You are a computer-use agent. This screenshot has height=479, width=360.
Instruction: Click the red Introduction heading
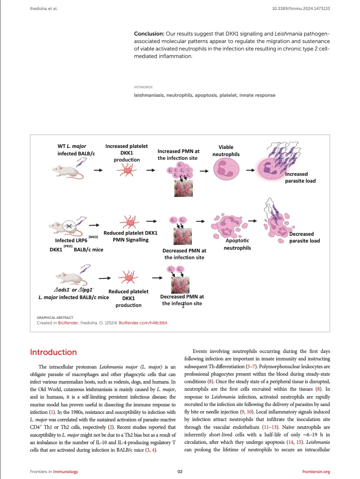coord(53,352)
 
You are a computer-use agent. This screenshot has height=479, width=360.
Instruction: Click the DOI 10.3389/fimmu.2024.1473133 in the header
coord(301,9)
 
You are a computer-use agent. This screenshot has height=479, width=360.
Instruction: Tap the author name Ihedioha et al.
coord(44,9)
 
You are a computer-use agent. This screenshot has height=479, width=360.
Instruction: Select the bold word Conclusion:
coord(149,34)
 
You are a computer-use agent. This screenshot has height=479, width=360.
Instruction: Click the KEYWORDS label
coord(143,87)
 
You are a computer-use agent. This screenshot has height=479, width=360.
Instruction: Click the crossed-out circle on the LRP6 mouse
coord(69,225)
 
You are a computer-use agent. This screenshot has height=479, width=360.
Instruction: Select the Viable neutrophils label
coord(226,151)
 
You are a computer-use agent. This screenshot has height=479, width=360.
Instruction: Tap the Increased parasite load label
coord(300,178)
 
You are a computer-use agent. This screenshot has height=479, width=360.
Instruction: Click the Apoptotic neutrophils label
coord(237,244)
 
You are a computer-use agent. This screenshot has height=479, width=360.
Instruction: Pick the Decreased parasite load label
coord(304,238)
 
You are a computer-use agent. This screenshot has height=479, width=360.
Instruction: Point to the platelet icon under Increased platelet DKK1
coord(127,171)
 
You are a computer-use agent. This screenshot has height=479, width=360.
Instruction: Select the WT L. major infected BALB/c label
coord(76,150)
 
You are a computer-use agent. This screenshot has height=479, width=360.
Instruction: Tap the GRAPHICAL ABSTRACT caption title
coord(55,318)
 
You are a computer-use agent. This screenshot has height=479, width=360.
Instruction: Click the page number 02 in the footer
coord(180,472)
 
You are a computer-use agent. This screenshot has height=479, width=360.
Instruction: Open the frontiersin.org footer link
coord(316,472)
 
